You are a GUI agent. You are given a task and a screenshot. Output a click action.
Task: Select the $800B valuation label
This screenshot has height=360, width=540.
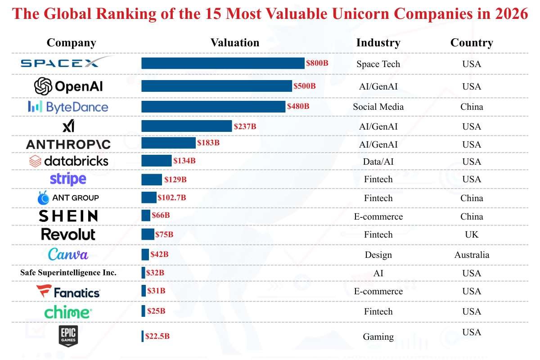point(317,63)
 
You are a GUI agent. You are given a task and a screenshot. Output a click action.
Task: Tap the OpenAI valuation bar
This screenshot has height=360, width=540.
point(216,86)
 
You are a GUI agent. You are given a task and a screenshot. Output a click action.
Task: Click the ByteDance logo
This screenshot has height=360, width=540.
point(68,107)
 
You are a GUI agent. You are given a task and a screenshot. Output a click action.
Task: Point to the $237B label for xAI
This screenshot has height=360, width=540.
point(245,126)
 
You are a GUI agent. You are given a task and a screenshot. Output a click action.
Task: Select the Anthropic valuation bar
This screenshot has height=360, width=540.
point(168,143)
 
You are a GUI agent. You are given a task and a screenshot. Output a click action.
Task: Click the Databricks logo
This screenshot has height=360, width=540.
point(68,161)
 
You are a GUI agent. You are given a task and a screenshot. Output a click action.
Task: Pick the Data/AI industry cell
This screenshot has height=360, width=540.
point(378,162)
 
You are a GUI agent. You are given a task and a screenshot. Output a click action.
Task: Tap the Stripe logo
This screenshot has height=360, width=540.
point(68,179)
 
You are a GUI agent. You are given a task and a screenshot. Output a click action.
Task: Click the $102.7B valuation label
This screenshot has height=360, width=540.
point(172,198)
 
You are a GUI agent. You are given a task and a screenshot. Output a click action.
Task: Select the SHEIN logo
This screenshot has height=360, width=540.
point(68,216)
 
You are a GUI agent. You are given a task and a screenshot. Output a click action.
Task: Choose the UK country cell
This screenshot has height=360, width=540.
point(472,234)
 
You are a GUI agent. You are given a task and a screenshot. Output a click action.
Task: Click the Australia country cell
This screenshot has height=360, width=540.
point(472,255)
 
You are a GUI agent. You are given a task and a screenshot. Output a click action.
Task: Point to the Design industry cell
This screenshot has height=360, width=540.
point(378,255)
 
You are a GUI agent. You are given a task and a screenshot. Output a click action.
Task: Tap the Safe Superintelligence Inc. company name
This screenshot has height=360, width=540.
point(68,273)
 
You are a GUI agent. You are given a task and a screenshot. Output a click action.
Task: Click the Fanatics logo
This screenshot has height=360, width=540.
point(68,292)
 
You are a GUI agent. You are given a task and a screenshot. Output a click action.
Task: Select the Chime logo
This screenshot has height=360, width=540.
point(68,311)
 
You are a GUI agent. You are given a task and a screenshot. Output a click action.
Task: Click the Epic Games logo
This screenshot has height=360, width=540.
point(68,336)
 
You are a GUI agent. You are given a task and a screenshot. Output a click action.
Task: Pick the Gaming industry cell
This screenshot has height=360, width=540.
point(378,337)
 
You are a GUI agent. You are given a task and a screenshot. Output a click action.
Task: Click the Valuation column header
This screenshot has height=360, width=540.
point(235,43)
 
